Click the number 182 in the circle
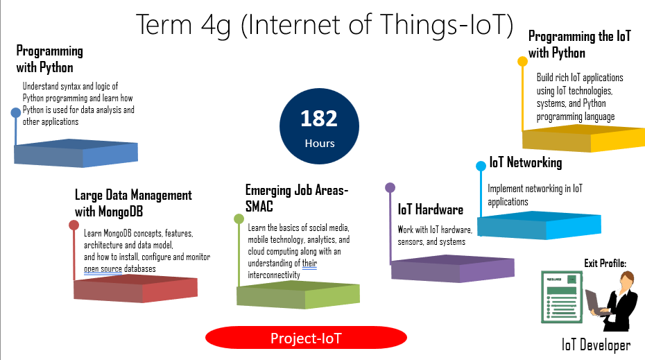pyautogui.click(x=319, y=119)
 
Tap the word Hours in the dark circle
pyautogui.click(x=320, y=143)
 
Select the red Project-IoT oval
pyautogui.click(x=306, y=338)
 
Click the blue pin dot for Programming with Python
pyautogui.click(x=16, y=113)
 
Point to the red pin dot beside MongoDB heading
pyautogui.click(x=74, y=225)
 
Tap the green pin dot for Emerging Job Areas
pyautogui.click(x=239, y=219)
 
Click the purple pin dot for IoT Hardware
pyautogui.click(x=390, y=187)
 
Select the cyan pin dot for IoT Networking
pyautogui.click(x=481, y=166)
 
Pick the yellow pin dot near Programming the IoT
pyautogui.click(x=522, y=61)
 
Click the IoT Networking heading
pyautogui.click(x=525, y=162)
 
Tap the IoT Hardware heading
pyautogui.click(x=430, y=209)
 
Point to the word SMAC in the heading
pyautogui.click(x=259, y=206)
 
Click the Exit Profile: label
pyautogui.click(x=605, y=264)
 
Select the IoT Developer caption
pyautogui.click(x=596, y=345)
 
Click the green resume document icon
pyautogui.click(x=562, y=297)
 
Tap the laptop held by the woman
pyautogui.click(x=596, y=303)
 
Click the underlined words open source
pyautogui.click(x=103, y=268)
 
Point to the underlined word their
pyautogui.click(x=309, y=263)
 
